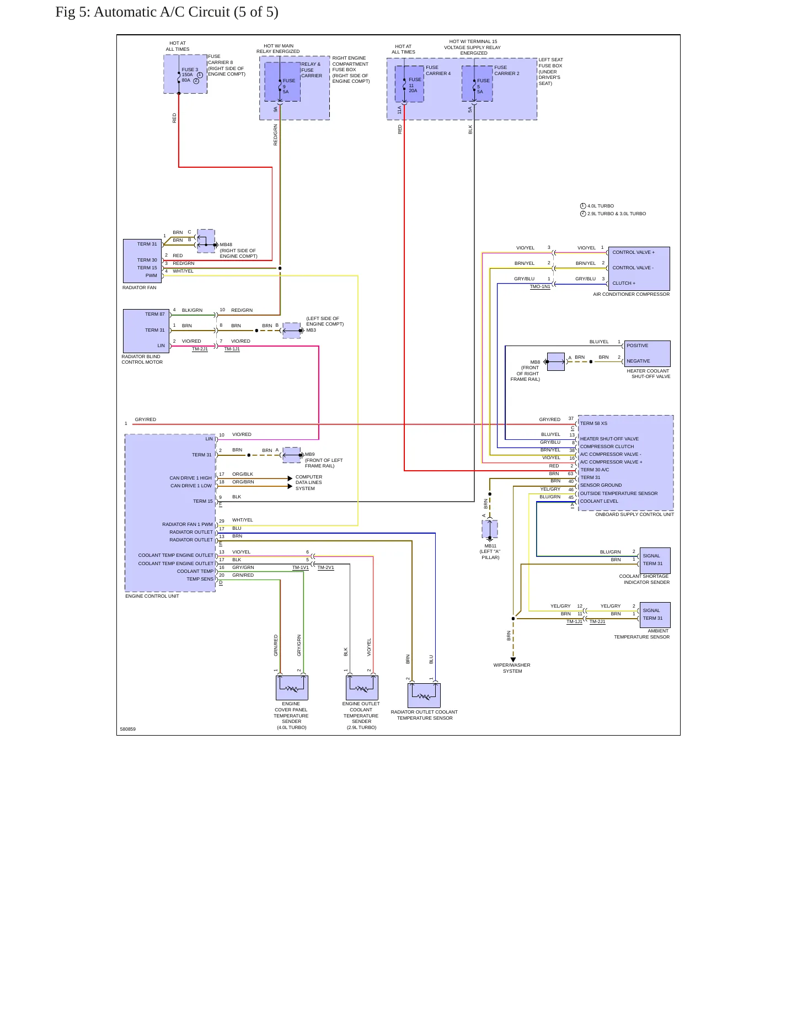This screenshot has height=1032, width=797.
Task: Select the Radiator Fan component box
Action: tap(143, 260)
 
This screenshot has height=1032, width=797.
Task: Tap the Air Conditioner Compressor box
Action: tap(639, 269)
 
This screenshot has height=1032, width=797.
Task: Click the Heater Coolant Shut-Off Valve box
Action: tap(647, 354)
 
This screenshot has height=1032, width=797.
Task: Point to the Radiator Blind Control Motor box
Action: tap(146, 331)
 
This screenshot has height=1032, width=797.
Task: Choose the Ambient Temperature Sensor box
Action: tap(655, 615)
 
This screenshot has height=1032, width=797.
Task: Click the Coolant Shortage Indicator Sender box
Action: tap(655, 560)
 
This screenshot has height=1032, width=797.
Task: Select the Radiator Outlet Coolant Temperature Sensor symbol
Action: tap(424, 695)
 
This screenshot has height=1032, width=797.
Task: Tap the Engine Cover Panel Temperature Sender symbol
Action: tap(292, 688)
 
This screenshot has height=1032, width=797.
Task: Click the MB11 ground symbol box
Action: tap(490, 529)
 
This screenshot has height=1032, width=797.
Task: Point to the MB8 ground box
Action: tap(555, 361)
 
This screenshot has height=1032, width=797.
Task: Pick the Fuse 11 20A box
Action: tap(409, 84)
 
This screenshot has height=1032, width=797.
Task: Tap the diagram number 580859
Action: tap(128, 729)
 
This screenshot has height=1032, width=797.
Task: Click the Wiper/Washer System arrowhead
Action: tap(513, 659)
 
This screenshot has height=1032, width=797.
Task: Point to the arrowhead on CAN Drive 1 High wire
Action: tap(290, 478)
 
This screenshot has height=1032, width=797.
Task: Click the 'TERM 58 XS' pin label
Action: tap(593, 423)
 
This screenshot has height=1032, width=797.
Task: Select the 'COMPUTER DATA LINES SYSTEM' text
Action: tap(309, 482)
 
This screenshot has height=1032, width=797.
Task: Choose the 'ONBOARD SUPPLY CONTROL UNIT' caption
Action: tap(634, 514)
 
